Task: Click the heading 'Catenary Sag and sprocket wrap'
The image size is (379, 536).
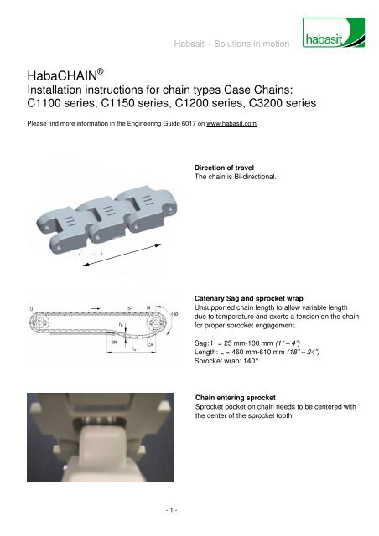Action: click(x=257, y=297)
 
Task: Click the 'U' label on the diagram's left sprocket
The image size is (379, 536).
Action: click(x=31, y=308)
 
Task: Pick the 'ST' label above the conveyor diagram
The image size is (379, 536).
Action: click(x=130, y=308)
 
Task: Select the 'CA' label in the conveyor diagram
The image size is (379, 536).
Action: click(x=149, y=343)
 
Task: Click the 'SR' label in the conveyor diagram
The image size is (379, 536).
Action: click(x=113, y=343)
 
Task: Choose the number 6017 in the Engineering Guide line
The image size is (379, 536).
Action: click(x=178, y=123)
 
